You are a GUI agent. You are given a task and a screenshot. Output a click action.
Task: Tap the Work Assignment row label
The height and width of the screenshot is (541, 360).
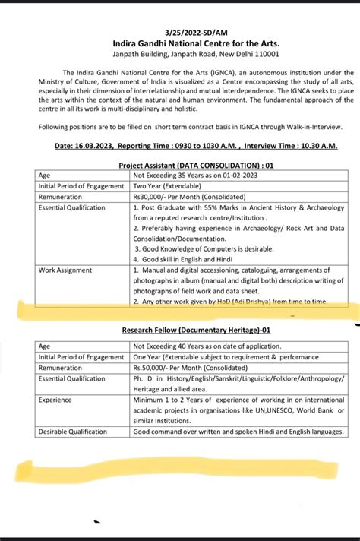point(65,270)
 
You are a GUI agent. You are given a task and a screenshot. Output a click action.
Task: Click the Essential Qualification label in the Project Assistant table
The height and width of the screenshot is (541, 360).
point(72,207)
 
